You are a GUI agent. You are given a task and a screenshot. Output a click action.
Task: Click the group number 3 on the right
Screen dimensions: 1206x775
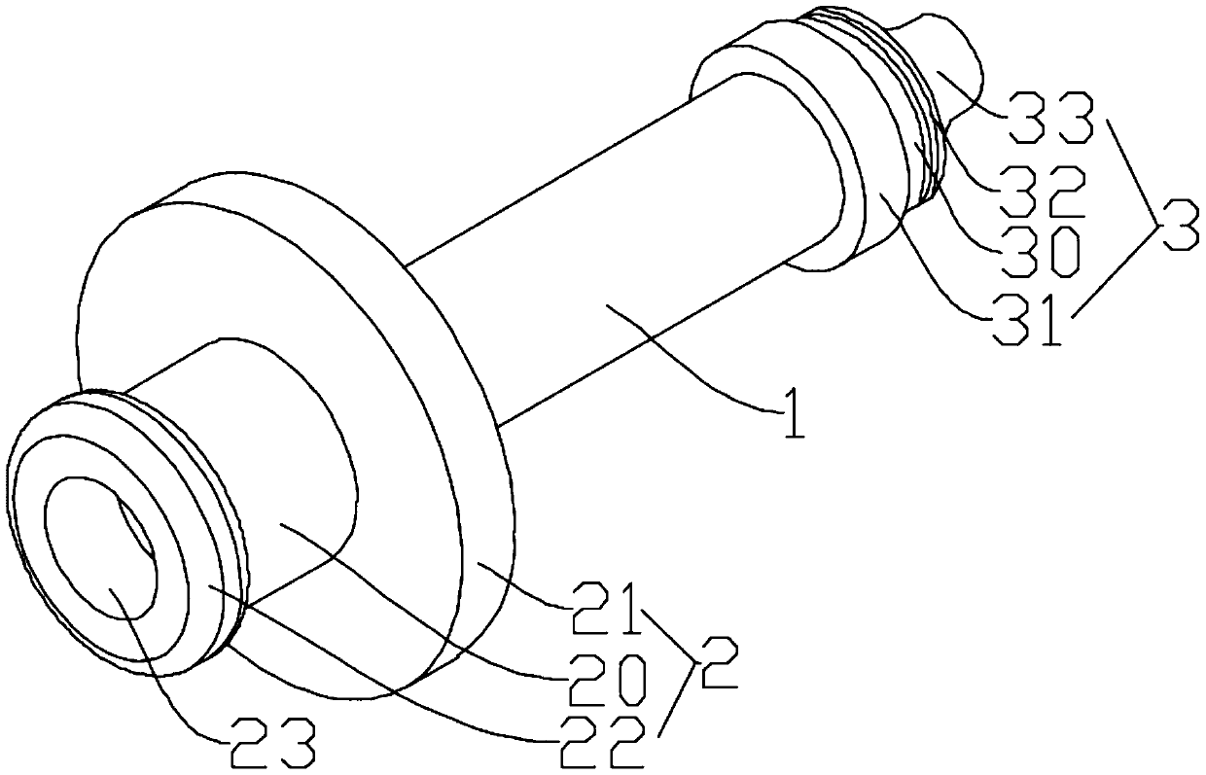pos(1178,224)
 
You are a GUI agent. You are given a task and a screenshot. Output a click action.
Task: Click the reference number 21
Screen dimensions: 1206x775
pos(605,608)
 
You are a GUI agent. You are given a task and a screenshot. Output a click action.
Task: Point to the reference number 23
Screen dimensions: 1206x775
pos(273,744)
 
